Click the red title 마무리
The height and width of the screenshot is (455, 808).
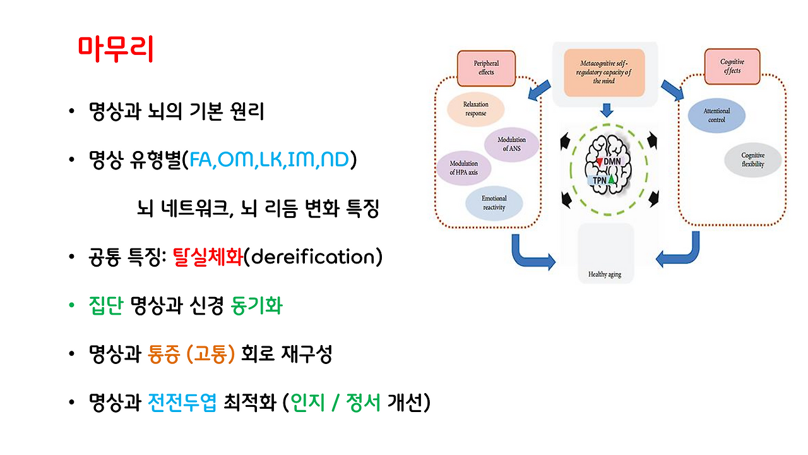(116, 49)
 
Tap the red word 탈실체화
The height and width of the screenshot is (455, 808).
(207, 258)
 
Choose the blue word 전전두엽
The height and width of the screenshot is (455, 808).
(182, 403)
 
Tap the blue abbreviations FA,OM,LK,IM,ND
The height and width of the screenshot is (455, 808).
(270, 161)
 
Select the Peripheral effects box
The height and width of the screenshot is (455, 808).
(486, 68)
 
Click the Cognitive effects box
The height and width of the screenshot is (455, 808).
(732, 66)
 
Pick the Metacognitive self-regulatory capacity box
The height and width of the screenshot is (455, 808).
(604, 72)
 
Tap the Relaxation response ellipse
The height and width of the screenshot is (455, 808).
(475, 109)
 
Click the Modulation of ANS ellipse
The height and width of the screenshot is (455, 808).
(511, 144)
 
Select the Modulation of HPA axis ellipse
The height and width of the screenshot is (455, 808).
(464, 167)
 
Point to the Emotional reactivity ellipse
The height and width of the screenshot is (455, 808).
(494, 203)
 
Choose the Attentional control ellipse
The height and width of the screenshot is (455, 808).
(716, 115)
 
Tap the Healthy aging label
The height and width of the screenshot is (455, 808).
(605, 274)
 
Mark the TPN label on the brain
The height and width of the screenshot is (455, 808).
(600, 180)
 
